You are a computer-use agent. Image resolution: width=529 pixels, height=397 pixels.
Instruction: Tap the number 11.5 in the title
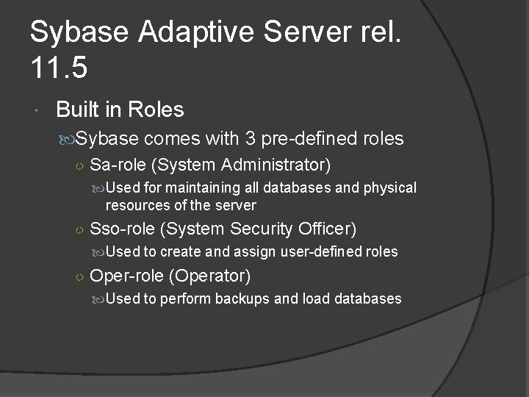pyautogui.click(x=60, y=68)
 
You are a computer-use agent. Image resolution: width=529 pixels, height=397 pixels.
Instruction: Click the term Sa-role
pyautogui.click(x=118, y=163)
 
